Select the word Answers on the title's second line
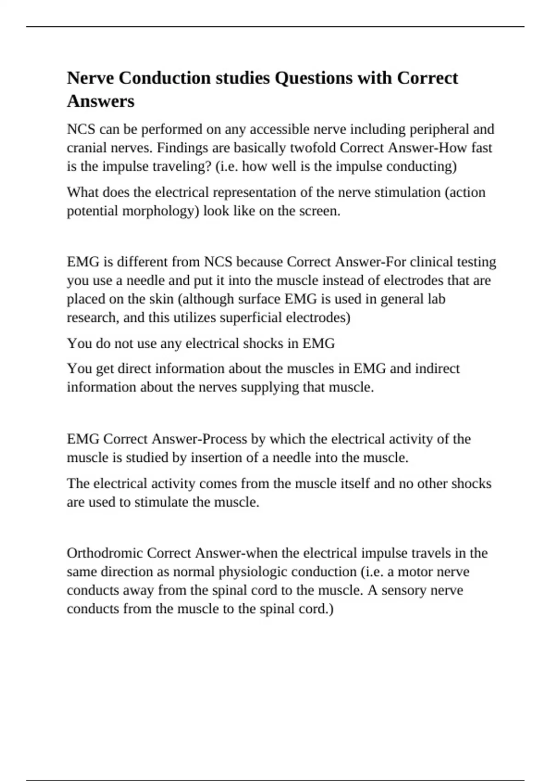pos(101,101)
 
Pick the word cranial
pos(86,148)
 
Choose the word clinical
pos(437,262)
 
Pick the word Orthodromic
pos(105,553)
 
